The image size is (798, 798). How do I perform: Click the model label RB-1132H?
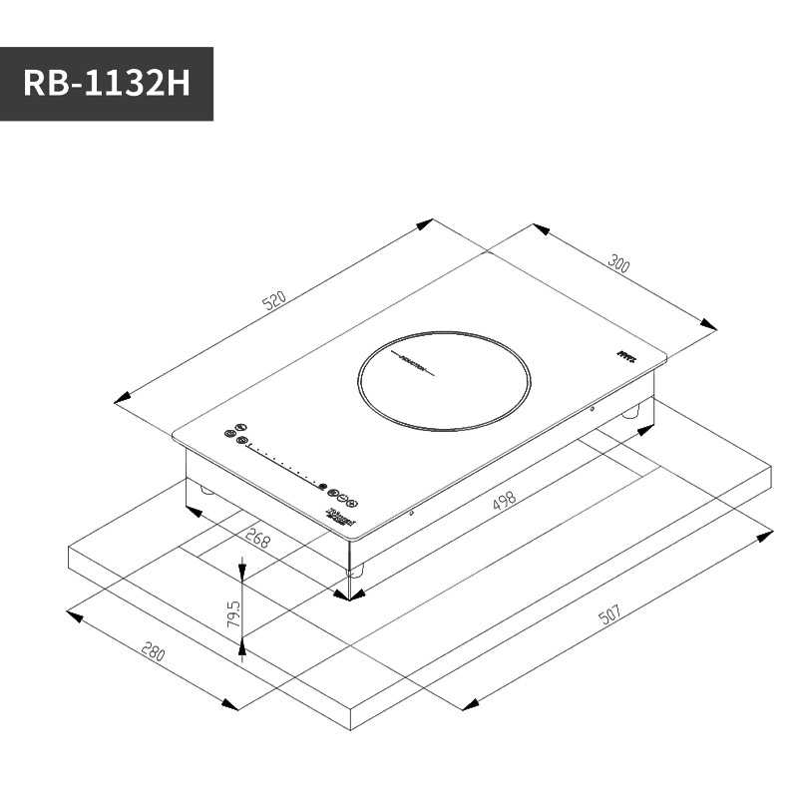pos(106,84)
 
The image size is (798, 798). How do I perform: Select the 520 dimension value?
pos(274,300)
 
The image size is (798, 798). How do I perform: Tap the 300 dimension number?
pos(618,264)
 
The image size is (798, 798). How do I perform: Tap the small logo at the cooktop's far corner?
pos(625,354)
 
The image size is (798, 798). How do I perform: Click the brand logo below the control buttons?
pos(340,516)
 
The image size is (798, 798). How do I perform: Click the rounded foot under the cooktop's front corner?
pos(355,571)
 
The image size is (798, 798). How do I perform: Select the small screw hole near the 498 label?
pos(412,514)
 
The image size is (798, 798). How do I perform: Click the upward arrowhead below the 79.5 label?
pos(242,653)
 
